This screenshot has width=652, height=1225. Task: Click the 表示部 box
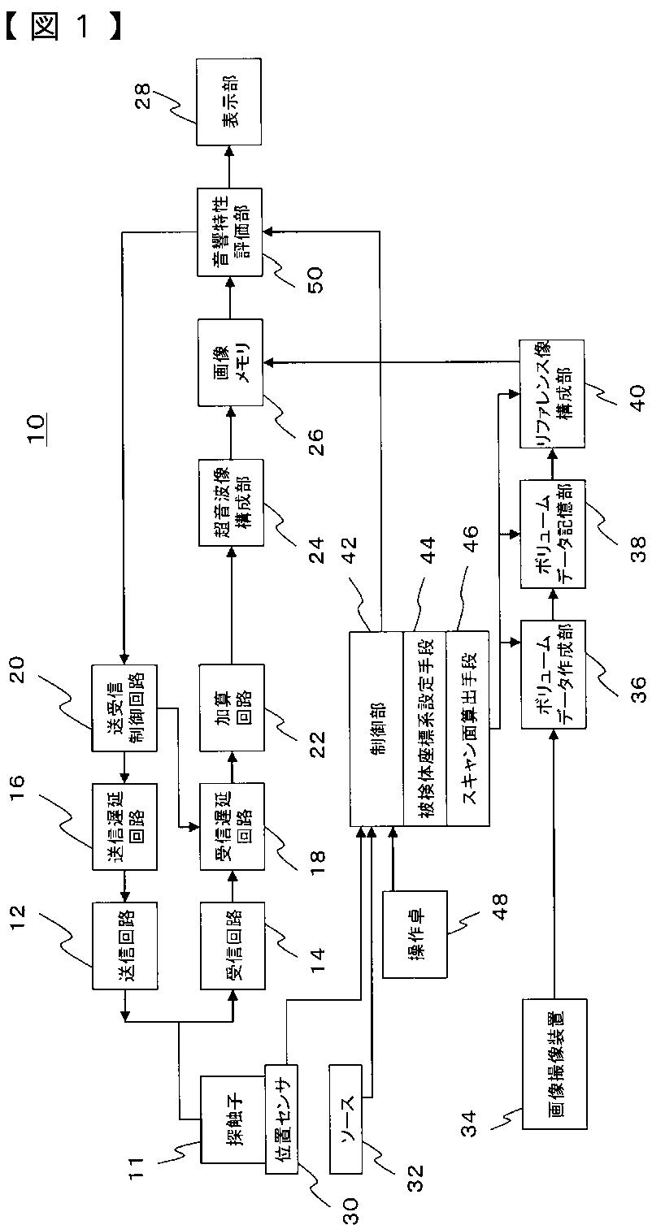click(228, 103)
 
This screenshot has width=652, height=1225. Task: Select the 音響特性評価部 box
click(229, 232)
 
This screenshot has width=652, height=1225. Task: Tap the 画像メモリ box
click(230, 362)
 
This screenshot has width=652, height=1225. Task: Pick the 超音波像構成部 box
click(230, 502)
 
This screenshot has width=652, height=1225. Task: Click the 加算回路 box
click(233, 708)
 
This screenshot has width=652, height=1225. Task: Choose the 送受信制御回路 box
click(124, 708)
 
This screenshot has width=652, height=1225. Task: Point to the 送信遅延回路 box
click(125, 826)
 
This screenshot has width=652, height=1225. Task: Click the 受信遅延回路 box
click(233, 826)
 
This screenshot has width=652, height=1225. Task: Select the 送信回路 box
click(125, 946)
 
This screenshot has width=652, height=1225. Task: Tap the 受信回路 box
click(233, 946)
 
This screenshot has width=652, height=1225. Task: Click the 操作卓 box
click(415, 934)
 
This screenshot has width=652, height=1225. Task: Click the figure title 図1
click(63, 26)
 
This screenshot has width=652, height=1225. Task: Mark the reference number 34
click(472, 1123)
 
